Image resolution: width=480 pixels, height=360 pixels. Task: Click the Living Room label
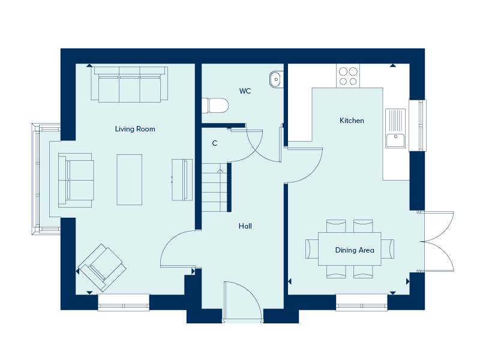pyautogui.click(x=135, y=129)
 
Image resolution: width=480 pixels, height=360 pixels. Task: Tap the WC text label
pyautogui.click(x=245, y=91)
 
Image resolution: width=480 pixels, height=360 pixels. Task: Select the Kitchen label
pyautogui.click(x=352, y=121)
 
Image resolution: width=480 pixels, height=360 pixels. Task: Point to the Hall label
pyautogui.click(x=245, y=226)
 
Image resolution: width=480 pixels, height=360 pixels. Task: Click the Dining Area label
pyautogui.click(x=355, y=250)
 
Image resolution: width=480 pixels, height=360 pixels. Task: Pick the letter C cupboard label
pyautogui.click(x=215, y=143)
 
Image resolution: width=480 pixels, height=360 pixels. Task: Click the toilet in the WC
pyautogui.click(x=215, y=106)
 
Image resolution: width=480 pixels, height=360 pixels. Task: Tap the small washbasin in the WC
pyautogui.click(x=276, y=80)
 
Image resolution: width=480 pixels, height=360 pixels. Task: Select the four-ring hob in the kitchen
pyautogui.click(x=348, y=76)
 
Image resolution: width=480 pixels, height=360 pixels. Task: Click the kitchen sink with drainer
pyautogui.click(x=395, y=128)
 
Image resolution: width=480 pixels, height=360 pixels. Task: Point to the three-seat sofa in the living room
pyautogui.click(x=130, y=84)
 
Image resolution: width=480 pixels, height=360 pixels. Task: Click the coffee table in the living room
pyautogui.click(x=129, y=179)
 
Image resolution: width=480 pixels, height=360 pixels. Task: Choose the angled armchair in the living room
pyautogui.click(x=102, y=268)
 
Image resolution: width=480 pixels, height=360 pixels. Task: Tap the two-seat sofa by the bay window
pyautogui.click(x=76, y=181)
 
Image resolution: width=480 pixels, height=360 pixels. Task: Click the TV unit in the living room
pyautogui.click(x=182, y=179)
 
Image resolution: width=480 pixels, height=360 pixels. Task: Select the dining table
pyautogui.click(x=350, y=249)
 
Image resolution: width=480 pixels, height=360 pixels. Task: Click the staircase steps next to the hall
pyautogui.click(x=214, y=187)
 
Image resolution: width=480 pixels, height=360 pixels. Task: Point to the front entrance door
pyautogui.click(x=242, y=302)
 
